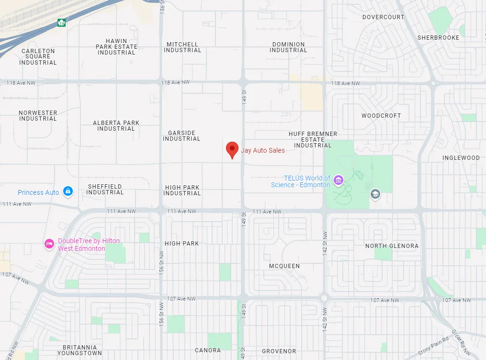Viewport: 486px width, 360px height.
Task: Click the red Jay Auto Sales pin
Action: [232, 149]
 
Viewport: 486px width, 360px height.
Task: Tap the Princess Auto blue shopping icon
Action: [68, 191]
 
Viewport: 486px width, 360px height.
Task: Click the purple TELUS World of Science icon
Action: [339, 180]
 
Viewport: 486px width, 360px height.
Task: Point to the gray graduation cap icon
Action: [375, 194]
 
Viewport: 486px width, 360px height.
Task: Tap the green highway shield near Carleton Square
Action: [61, 22]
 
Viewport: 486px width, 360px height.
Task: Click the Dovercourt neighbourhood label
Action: [383, 17]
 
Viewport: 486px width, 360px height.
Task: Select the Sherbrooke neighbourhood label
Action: [438, 38]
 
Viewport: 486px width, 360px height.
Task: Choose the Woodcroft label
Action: [381, 116]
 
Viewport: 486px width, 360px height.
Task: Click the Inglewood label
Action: [461, 158]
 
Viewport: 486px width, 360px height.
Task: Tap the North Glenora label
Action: [392, 246]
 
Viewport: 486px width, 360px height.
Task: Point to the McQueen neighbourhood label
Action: [284, 266]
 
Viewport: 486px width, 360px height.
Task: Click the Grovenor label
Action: [279, 351]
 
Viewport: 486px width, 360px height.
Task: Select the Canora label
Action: [208, 350]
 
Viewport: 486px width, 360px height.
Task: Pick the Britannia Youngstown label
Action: [79, 350]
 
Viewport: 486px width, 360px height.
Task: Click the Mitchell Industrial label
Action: [182, 47]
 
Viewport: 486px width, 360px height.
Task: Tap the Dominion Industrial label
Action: [288, 47]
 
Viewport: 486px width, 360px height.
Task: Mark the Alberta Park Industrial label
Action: [116, 126]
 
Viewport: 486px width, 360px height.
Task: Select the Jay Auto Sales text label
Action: [263, 150]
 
